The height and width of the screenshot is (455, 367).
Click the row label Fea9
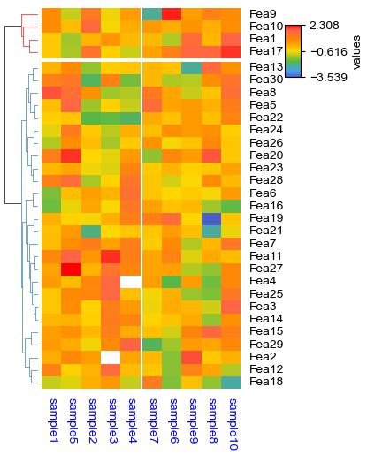262,14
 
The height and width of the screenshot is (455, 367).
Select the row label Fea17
264,52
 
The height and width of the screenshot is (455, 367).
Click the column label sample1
52,420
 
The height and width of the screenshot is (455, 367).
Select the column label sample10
232,424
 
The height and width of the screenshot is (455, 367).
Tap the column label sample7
152,420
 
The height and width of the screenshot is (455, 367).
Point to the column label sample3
112,420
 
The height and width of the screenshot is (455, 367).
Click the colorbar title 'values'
356,52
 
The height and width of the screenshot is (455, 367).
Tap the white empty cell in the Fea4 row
132,282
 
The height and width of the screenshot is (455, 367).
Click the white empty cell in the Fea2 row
111,357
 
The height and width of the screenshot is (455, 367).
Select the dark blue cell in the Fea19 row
211,218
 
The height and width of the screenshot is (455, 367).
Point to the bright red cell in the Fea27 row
72,269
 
